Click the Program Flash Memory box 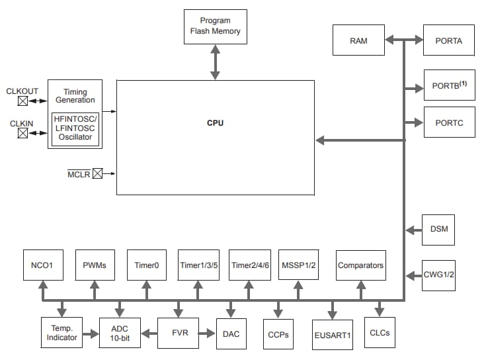click(215, 26)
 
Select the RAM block click(358, 40)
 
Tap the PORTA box click(449, 40)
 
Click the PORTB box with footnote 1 click(449, 86)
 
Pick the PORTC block click(449, 122)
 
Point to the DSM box click(438, 230)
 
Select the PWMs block click(95, 265)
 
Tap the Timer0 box click(147, 265)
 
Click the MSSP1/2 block click(300, 265)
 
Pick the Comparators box click(360, 265)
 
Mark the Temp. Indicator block click(61, 333)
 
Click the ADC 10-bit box click(120, 333)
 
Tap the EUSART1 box click(332, 335)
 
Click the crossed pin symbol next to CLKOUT click(22, 101)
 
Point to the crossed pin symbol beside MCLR click(97, 174)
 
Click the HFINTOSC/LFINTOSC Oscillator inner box click(75, 128)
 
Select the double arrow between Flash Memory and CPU click(215, 62)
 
